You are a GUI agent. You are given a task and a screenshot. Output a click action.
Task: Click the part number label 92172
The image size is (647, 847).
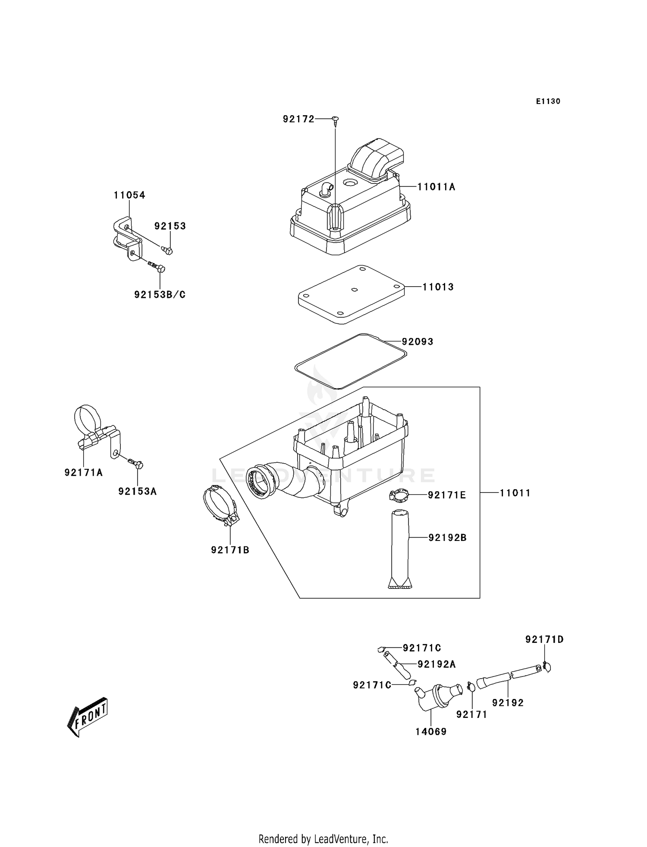click(298, 119)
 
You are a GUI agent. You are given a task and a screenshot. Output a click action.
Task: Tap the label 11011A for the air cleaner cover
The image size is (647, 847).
click(436, 187)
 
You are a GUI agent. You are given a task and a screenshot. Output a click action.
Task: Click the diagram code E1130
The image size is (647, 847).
click(548, 101)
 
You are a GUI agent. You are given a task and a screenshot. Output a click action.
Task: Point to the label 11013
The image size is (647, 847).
click(438, 287)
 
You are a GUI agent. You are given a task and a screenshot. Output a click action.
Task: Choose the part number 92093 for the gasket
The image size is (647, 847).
click(418, 342)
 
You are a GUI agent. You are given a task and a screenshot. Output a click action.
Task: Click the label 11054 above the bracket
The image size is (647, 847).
click(129, 195)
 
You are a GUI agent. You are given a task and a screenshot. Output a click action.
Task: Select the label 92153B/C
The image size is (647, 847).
click(160, 295)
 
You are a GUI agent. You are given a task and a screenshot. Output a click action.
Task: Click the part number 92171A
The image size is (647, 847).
click(84, 473)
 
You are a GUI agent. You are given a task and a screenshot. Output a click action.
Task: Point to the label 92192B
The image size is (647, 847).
click(447, 538)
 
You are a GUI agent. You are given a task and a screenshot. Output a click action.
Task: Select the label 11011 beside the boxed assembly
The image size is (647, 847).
click(515, 493)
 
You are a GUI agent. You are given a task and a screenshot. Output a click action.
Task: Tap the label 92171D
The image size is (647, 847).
click(544, 639)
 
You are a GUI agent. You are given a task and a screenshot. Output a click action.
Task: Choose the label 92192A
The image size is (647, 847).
click(436, 664)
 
